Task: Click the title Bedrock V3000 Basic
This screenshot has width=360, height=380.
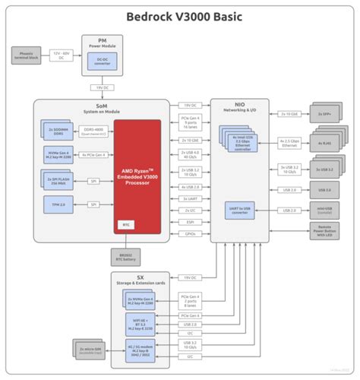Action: (x=180, y=17)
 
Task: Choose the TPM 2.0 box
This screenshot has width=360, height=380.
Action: (x=58, y=204)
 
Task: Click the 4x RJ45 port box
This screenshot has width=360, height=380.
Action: (x=327, y=142)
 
